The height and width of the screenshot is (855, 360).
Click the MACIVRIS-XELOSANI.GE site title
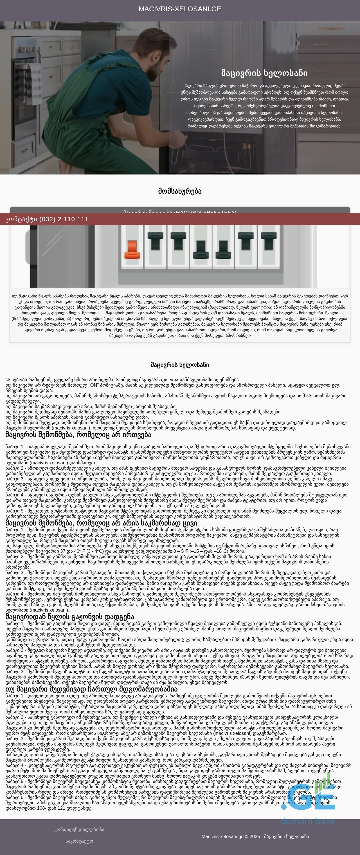click(180, 9)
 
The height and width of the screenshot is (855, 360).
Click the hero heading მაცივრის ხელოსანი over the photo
click(264, 73)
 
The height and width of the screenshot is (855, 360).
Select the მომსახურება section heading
click(180, 191)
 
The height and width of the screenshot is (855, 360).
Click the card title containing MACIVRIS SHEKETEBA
click(180, 212)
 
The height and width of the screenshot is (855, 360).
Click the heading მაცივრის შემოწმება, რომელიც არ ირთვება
click(78, 435)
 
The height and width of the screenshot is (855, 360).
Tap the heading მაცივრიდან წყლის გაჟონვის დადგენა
click(70, 617)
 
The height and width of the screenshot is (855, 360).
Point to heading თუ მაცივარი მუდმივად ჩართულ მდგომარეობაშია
click(91, 689)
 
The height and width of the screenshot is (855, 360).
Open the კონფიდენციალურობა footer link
click(79, 829)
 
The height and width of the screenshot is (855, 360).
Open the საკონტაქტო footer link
click(79, 841)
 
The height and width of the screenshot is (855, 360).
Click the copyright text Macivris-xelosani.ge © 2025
click(255, 836)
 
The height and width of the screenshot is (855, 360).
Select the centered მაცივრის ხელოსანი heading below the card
click(180, 365)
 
